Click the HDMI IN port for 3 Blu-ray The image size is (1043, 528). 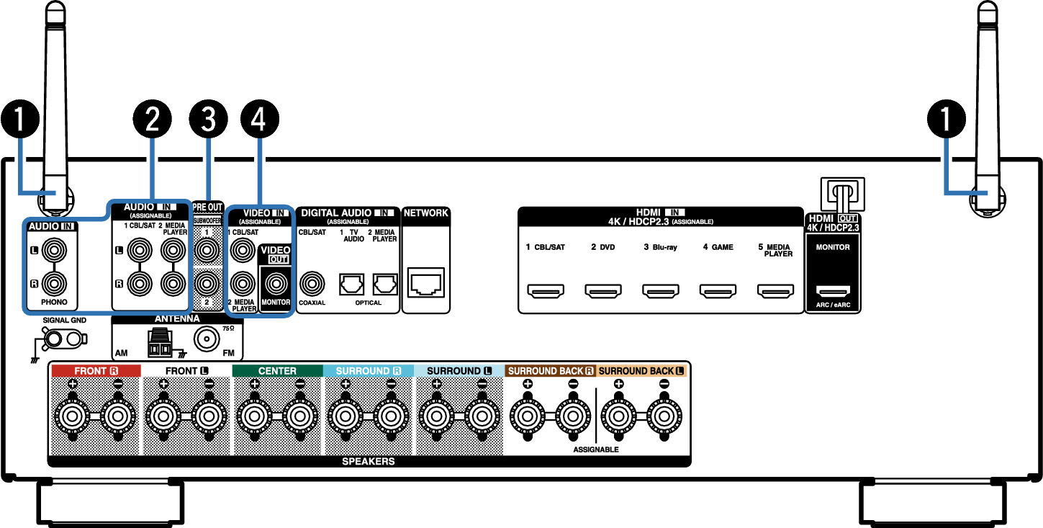tap(660, 291)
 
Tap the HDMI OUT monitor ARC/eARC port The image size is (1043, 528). tap(833, 291)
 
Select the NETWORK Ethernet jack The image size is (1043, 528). tap(426, 282)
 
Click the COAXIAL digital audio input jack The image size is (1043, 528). tap(312, 283)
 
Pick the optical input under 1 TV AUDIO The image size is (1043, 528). tap(351, 284)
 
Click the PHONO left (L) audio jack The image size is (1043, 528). tap(54, 251)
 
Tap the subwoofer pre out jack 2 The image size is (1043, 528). tap(207, 283)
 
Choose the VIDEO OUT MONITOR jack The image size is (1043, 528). tap(276, 283)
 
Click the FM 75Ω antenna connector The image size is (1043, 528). tap(207, 339)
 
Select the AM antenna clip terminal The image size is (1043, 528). tap(160, 344)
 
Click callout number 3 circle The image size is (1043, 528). tap(208, 119)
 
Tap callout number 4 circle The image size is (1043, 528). tap(259, 119)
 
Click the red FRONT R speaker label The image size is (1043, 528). tap(96, 371)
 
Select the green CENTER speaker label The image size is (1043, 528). tap(278, 371)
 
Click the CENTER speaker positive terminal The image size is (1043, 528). tap(254, 416)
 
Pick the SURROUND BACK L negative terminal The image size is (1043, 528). tap(664, 416)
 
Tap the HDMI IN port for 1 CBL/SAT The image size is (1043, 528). tap(546, 291)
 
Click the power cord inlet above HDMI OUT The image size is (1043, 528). tap(843, 194)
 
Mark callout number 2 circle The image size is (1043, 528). tap(153, 119)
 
